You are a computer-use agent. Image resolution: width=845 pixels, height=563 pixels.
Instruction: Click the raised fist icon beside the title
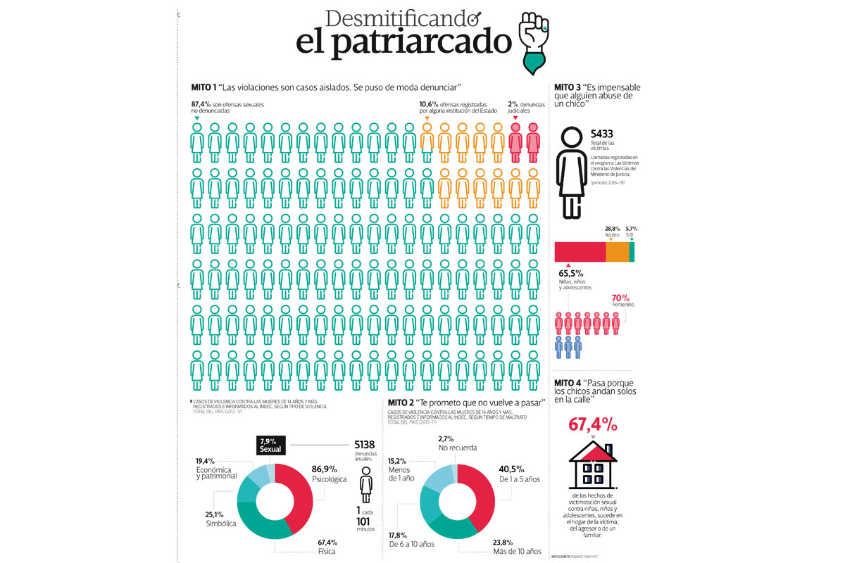537,42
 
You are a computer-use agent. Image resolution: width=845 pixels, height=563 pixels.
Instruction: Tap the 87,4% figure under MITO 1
201,104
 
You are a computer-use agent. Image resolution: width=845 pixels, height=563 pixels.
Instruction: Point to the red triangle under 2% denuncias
515,118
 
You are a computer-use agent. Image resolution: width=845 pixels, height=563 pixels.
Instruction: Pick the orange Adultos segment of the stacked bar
617,251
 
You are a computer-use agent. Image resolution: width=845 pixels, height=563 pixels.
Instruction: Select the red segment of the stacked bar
580,251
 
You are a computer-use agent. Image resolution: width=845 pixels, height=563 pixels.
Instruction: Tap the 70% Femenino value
621,298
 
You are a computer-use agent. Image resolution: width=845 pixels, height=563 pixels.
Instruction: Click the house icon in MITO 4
593,464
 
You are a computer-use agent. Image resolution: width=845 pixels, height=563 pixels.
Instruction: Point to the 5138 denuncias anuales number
368,445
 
